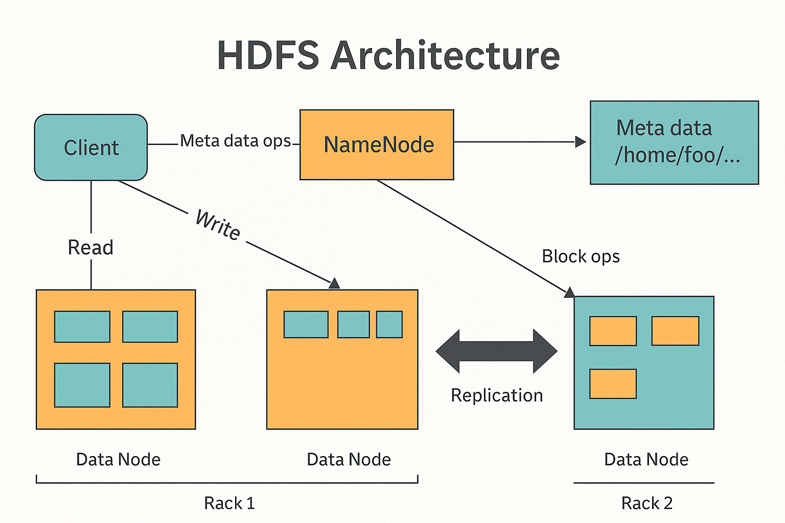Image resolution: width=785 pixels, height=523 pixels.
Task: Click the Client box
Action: pyautogui.click(x=91, y=148)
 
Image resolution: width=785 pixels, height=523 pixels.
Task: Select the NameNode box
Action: pyautogui.click(x=377, y=145)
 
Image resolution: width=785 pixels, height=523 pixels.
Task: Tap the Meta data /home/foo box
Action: pyautogui.click(x=674, y=142)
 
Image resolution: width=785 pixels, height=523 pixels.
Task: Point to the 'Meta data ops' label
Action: pyautogui.click(x=236, y=140)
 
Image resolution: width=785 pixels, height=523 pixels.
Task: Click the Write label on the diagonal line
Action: pyautogui.click(x=218, y=225)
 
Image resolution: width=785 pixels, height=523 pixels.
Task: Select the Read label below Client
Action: pyautogui.click(x=90, y=248)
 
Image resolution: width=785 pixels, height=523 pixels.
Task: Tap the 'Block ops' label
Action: pyautogui.click(x=581, y=256)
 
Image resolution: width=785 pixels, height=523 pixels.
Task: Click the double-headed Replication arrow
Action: pyautogui.click(x=496, y=351)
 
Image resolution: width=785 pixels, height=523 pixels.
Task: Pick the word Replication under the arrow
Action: pyautogui.click(x=496, y=395)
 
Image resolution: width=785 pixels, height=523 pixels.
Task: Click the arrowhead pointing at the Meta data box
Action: pyautogui.click(x=581, y=141)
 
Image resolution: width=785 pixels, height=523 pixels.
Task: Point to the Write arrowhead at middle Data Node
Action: pyautogui.click(x=334, y=283)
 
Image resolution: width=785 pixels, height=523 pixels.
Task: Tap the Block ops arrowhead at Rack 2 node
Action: pyautogui.click(x=569, y=293)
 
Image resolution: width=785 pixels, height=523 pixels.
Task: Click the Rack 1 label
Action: pyautogui.click(x=229, y=503)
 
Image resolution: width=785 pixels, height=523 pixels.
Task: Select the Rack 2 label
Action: pyautogui.click(x=647, y=503)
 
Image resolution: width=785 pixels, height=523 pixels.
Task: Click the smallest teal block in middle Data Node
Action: pyautogui.click(x=389, y=325)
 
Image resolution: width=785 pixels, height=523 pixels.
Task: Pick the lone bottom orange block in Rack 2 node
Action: pyautogui.click(x=613, y=384)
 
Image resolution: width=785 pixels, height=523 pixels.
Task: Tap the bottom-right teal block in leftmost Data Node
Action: pyautogui.click(x=150, y=385)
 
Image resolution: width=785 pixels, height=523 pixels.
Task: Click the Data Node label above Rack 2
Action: pyautogui.click(x=646, y=459)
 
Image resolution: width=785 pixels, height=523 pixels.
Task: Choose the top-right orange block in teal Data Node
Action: pyautogui.click(x=675, y=331)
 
